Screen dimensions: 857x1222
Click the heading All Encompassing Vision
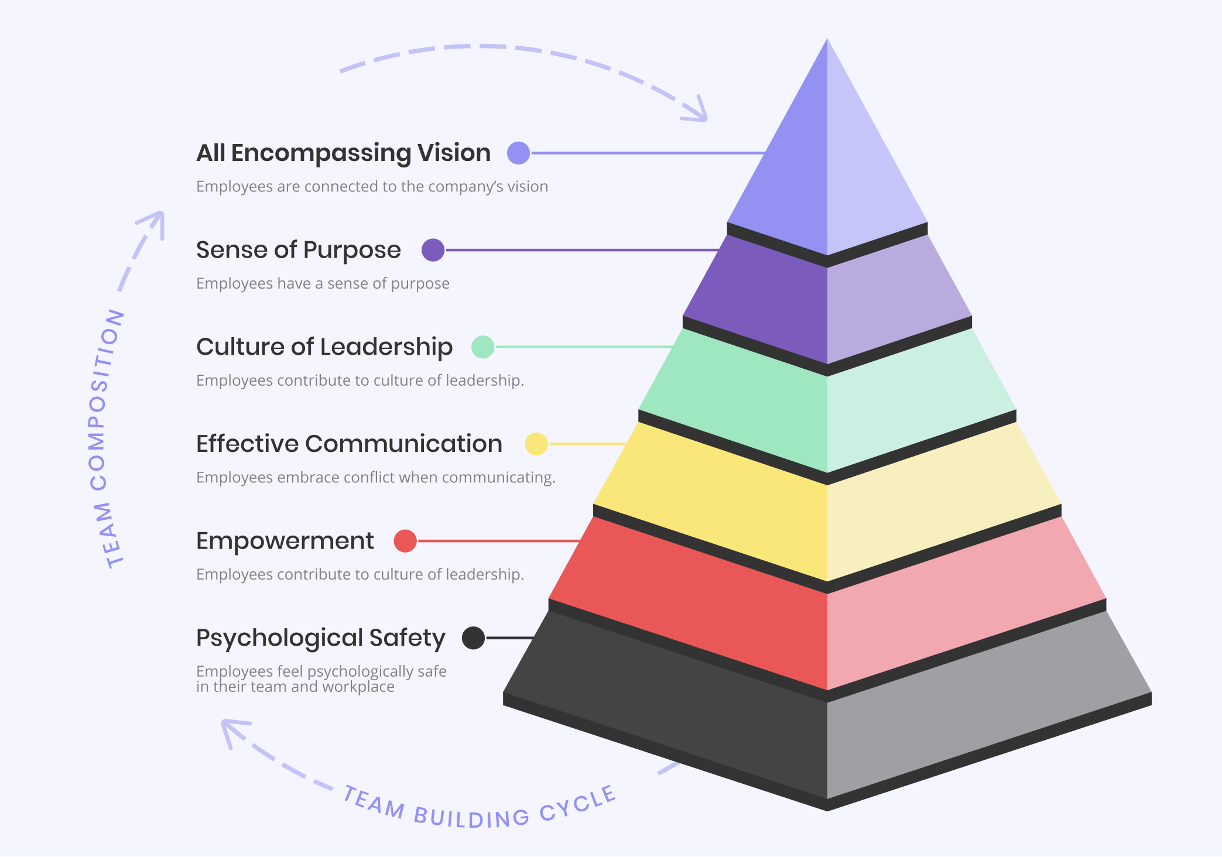click(343, 153)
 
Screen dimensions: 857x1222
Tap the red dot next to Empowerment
click(405, 541)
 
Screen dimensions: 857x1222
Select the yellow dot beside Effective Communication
click(536, 444)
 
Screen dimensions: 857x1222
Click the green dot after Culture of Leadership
click(483, 347)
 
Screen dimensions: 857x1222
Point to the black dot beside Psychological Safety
click(473, 637)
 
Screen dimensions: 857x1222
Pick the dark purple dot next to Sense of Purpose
click(433, 250)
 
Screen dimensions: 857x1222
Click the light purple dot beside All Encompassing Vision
click(518, 153)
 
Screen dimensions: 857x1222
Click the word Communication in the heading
click(403, 444)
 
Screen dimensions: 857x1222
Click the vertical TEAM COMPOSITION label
click(105, 439)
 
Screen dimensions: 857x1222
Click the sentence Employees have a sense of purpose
click(323, 284)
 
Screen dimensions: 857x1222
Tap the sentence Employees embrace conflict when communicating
click(375, 478)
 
